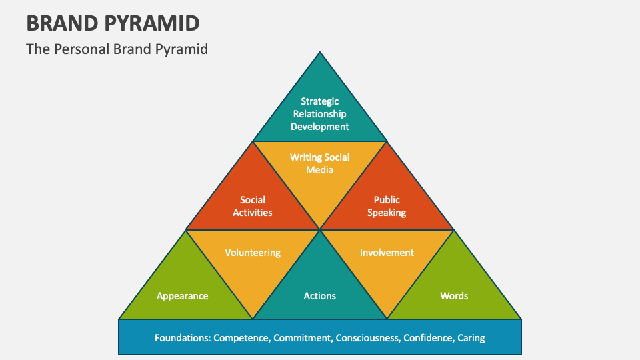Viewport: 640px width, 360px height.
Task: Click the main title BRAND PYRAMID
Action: (113, 23)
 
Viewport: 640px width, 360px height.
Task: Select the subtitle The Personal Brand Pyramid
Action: (117, 49)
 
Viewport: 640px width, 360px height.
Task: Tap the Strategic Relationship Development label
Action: (320, 114)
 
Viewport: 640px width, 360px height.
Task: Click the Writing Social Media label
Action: (320, 163)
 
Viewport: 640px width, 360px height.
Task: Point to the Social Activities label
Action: (253, 206)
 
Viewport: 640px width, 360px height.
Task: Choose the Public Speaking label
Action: (387, 206)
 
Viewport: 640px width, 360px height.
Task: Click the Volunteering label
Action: (253, 253)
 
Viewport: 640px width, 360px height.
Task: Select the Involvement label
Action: (387, 253)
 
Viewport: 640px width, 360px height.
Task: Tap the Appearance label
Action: (183, 296)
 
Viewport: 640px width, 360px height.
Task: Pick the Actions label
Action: (320, 296)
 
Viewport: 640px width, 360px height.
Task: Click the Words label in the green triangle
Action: (454, 296)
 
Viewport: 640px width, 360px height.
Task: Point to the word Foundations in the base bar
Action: (182, 338)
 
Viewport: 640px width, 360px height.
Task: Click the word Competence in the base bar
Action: (241, 338)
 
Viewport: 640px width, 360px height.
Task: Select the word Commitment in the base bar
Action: (302, 338)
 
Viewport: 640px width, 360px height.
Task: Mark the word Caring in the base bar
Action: (471, 338)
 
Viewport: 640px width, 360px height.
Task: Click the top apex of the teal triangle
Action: (320, 53)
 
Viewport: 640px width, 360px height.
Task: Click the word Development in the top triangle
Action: (320, 127)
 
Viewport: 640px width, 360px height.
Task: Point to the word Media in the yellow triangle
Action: (320, 170)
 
